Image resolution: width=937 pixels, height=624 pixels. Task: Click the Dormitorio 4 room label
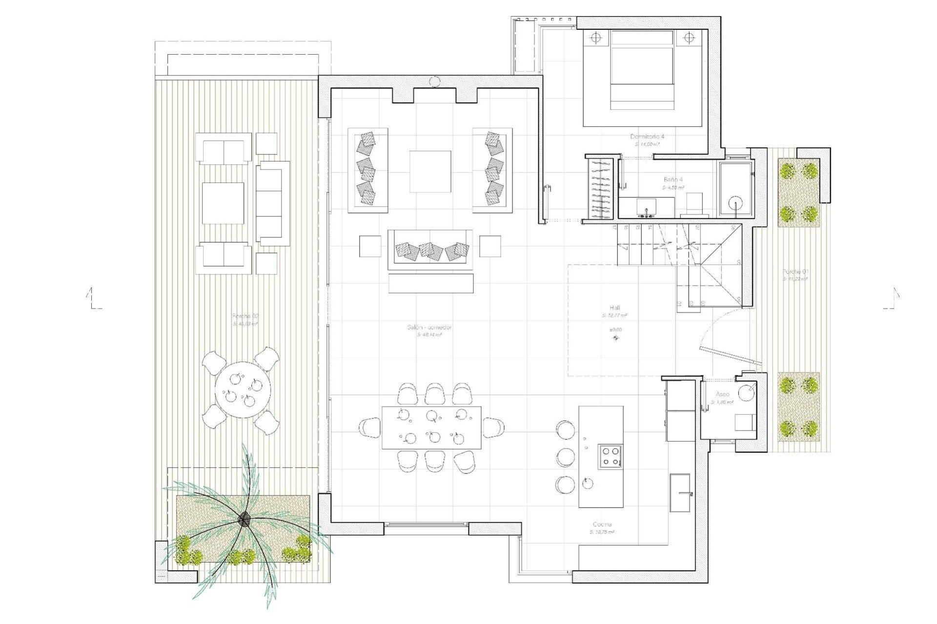point(647,137)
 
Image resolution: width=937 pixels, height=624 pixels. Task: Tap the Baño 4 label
point(673,179)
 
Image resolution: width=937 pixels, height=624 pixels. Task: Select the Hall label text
point(614,308)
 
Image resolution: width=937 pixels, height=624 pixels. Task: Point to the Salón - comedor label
point(429,328)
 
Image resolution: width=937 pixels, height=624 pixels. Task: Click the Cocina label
point(602,525)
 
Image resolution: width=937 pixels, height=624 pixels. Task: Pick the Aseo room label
point(722,394)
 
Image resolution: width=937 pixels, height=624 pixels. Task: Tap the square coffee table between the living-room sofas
point(430,172)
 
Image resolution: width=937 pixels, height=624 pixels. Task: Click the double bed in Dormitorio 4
point(641,70)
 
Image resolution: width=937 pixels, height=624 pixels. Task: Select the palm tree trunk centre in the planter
point(244,520)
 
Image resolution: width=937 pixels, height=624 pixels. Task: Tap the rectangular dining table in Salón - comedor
point(431,428)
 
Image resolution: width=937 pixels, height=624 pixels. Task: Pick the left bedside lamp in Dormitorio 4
point(595,38)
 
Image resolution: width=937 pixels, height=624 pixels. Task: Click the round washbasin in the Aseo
point(746,393)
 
